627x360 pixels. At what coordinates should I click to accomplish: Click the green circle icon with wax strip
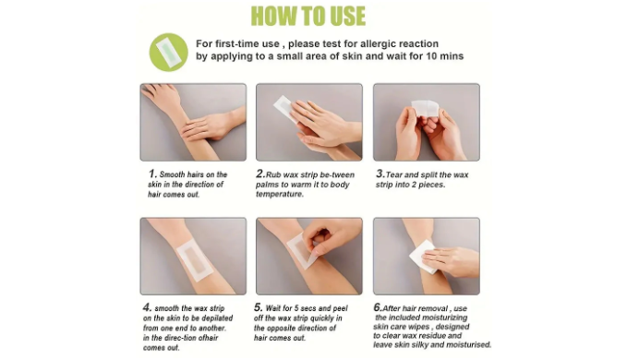(168, 53)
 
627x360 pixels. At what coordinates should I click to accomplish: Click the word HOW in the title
(274, 17)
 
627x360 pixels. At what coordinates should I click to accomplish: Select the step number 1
(152, 174)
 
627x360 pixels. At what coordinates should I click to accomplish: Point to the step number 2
(260, 174)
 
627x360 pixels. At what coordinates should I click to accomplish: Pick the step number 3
(380, 174)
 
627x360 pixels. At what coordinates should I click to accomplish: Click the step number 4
(147, 307)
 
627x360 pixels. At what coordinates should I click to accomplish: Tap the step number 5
(258, 307)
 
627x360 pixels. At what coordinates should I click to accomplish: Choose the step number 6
(378, 307)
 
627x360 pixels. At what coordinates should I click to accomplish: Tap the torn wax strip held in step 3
(425, 109)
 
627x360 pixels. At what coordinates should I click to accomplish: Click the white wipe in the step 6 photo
(424, 257)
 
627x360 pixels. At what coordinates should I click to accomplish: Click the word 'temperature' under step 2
(279, 194)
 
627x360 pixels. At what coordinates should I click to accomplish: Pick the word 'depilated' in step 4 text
(217, 318)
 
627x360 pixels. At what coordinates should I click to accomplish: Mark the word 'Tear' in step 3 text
(394, 174)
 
